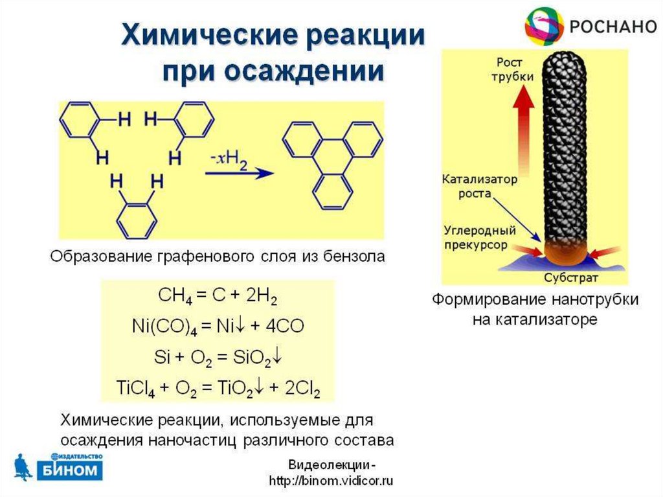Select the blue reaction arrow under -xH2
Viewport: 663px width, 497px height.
click(x=236, y=173)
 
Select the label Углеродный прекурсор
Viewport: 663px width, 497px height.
click(x=480, y=237)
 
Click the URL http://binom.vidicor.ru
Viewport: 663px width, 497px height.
click(x=331, y=481)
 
